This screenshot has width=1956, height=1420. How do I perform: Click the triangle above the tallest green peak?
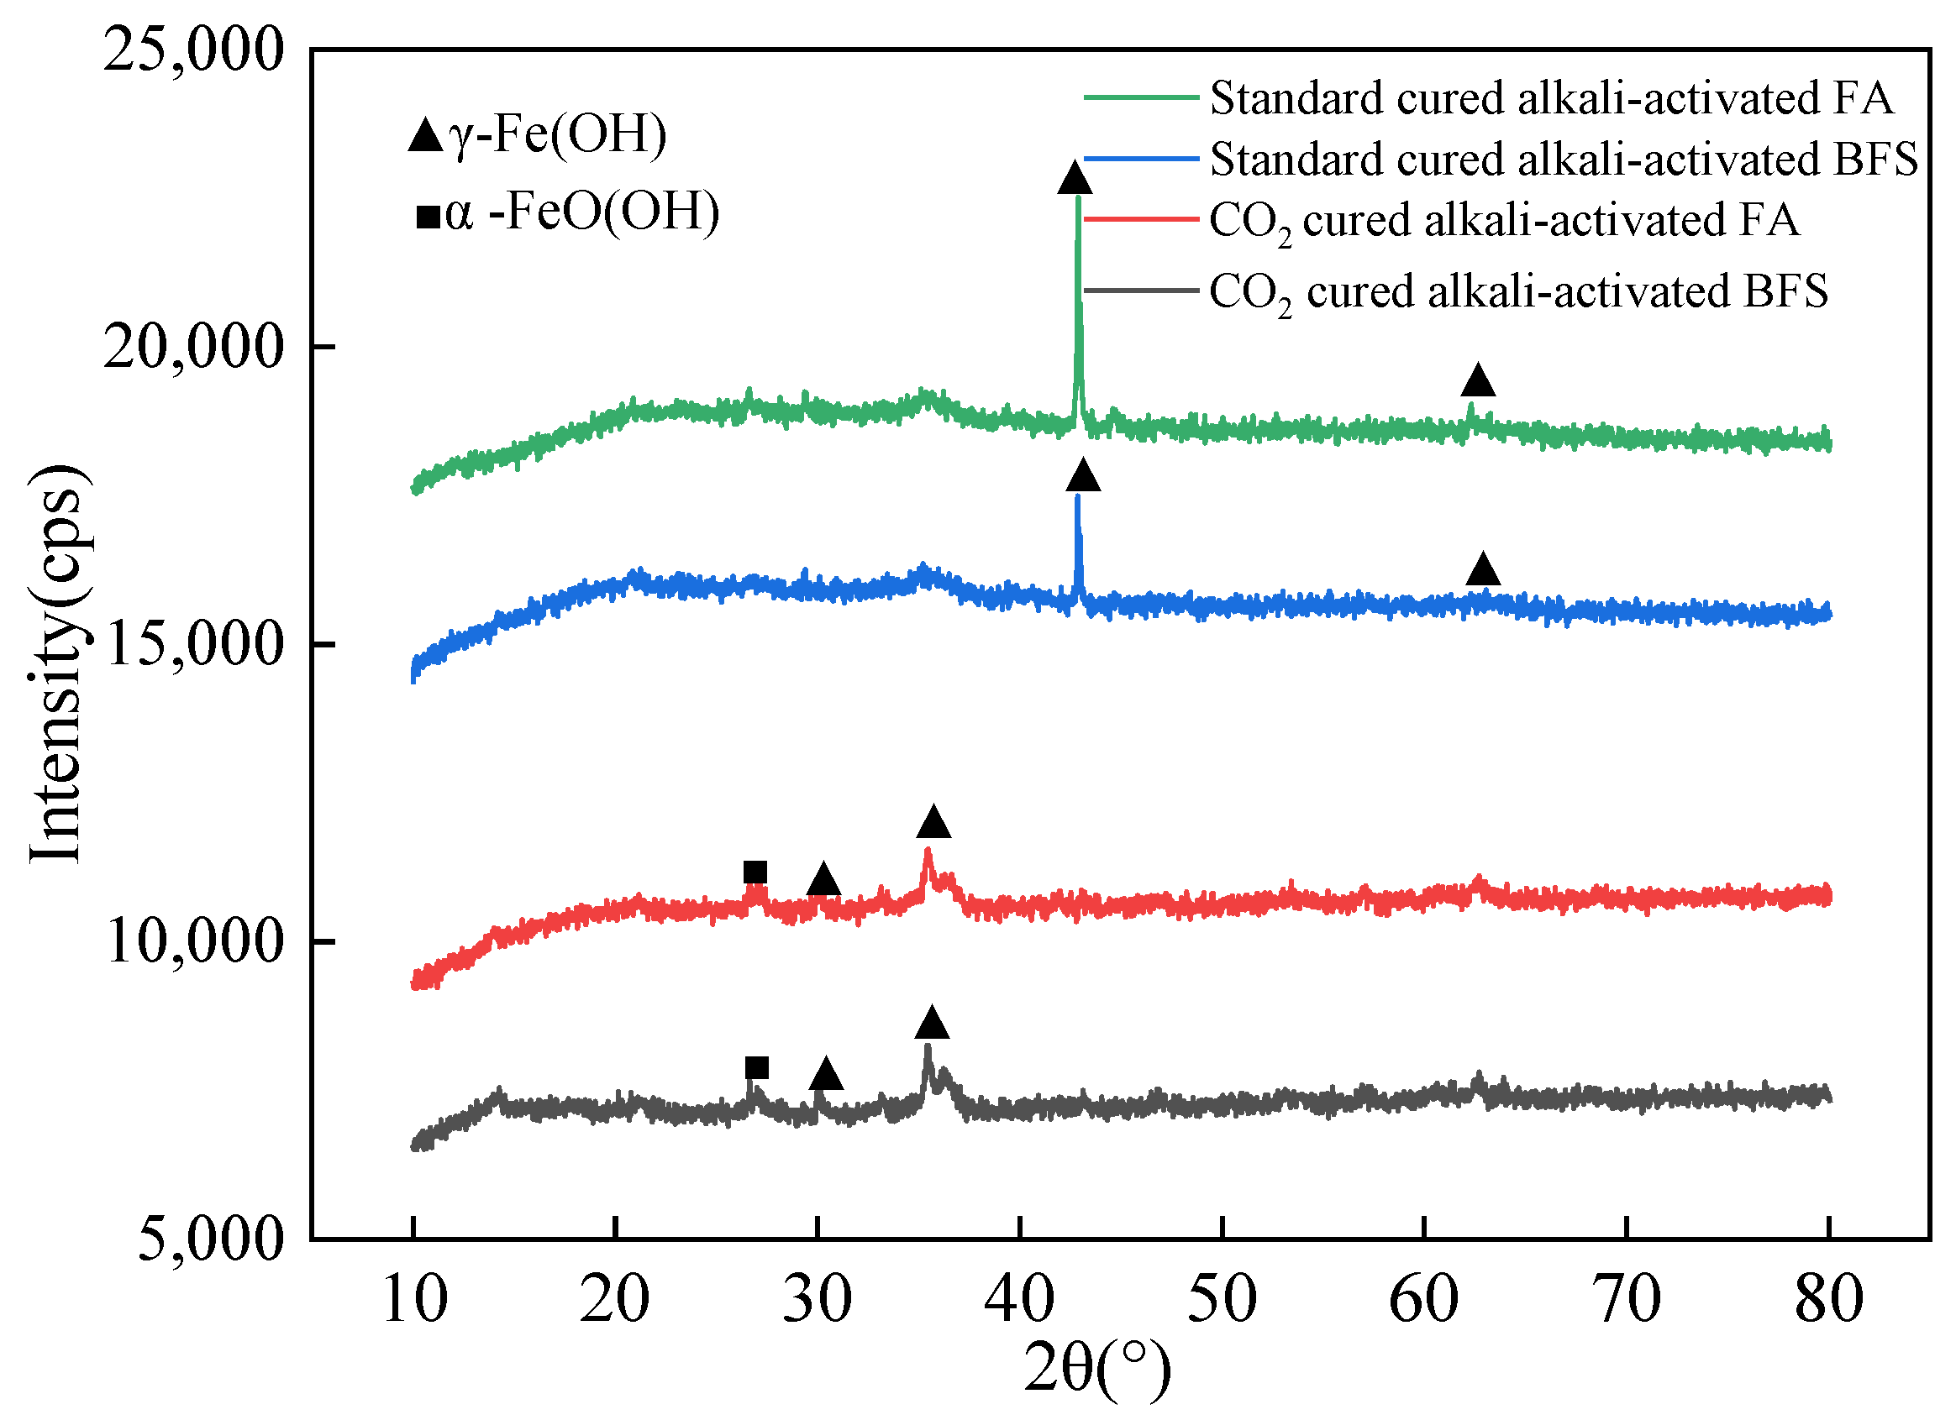click(1075, 178)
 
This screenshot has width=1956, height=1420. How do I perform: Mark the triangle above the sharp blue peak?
click(1083, 476)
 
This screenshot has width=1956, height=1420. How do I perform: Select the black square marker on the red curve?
click(755, 872)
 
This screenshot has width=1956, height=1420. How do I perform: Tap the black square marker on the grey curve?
click(756, 1068)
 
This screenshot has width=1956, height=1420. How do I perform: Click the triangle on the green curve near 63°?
click(1478, 380)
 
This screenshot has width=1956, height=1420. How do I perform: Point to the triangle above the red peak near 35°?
click(933, 822)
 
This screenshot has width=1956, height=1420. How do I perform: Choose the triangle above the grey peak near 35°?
click(932, 1024)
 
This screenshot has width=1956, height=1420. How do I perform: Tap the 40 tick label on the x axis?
click(1019, 1298)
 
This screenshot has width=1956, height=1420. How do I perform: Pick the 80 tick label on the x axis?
click(1828, 1298)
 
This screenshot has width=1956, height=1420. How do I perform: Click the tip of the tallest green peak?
click(1078, 198)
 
